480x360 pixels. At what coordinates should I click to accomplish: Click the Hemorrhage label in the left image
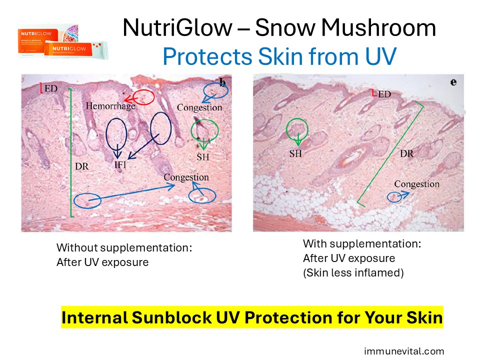[110, 106]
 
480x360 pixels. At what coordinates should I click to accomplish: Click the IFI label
[120, 164]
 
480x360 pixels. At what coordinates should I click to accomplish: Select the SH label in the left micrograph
[202, 157]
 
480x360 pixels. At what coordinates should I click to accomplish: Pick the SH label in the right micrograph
[295, 153]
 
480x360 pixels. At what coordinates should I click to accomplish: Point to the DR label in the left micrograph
[81, 166]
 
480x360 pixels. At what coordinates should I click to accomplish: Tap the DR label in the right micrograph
[406, 153]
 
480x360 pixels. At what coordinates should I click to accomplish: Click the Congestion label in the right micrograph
[416, 184]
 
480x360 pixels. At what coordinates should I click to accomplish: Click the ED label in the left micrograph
[51, 88]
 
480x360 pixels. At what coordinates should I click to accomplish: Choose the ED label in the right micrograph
[384, 94]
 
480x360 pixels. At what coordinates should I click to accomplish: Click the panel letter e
[453, 82]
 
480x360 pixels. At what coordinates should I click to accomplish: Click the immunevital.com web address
[404, 351]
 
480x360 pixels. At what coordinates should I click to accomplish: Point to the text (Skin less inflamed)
[353, 272]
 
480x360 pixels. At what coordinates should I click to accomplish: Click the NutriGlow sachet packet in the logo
[76, 50]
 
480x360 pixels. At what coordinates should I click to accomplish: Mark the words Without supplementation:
[124, 247]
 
